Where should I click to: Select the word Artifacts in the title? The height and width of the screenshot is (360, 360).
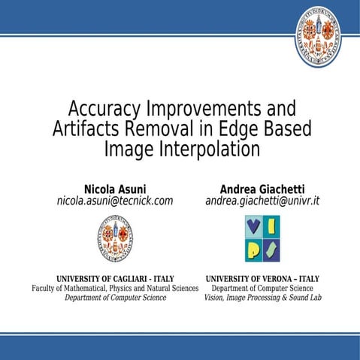pyautogui.click(x=87, y=129)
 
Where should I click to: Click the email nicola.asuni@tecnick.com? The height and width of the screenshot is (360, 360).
pyautogui.click(x=115, y=201)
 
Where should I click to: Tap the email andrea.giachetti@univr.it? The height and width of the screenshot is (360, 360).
pyautogui.click(x=262, y=201)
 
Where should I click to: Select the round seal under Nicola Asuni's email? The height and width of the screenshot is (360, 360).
pyautogui.click(x=115, y=238)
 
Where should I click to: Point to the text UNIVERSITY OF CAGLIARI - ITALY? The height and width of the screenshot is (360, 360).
pyautogui.click(x=115, y=278)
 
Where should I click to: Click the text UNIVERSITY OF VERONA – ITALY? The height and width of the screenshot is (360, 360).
pyautogui.click(x=262, y=278)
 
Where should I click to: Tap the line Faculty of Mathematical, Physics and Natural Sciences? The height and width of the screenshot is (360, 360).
pyautogui.click(x=115, y=288)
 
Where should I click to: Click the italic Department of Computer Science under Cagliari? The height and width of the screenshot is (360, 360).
pyautogui.click(x=115, y=298)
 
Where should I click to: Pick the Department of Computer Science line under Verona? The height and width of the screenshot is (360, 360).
pyautogui.click(x=262, y=288)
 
